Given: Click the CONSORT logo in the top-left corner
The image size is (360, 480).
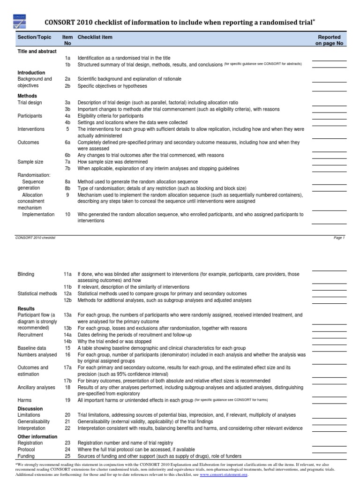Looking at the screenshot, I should point(20,21).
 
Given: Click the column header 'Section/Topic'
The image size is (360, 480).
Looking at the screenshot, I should point(34,37).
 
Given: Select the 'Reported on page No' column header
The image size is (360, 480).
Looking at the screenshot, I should point(330,40).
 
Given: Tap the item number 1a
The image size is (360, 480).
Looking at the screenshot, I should point(67,57).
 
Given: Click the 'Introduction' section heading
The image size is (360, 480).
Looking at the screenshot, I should point(31,73).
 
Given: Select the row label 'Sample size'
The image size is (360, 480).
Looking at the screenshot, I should point(30,162).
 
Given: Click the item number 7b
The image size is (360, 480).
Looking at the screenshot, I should point(67,168).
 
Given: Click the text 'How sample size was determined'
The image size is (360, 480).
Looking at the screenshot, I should point(112,162).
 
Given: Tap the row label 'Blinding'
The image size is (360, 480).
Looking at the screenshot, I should point(26,274).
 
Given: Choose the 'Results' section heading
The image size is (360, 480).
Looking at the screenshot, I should point(26,309).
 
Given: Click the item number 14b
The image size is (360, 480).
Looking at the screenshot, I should point(67,342).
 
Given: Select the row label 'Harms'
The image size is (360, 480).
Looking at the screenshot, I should point(24,401).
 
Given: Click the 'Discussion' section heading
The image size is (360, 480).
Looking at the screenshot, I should point(30,409).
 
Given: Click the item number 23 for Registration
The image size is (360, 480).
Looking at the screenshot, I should point(67,443).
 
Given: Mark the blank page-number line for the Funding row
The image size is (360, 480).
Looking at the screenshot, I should point(329,458).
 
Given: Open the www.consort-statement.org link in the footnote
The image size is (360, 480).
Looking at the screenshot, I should point(224,475).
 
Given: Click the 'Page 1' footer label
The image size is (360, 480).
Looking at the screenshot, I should point(339,238).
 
